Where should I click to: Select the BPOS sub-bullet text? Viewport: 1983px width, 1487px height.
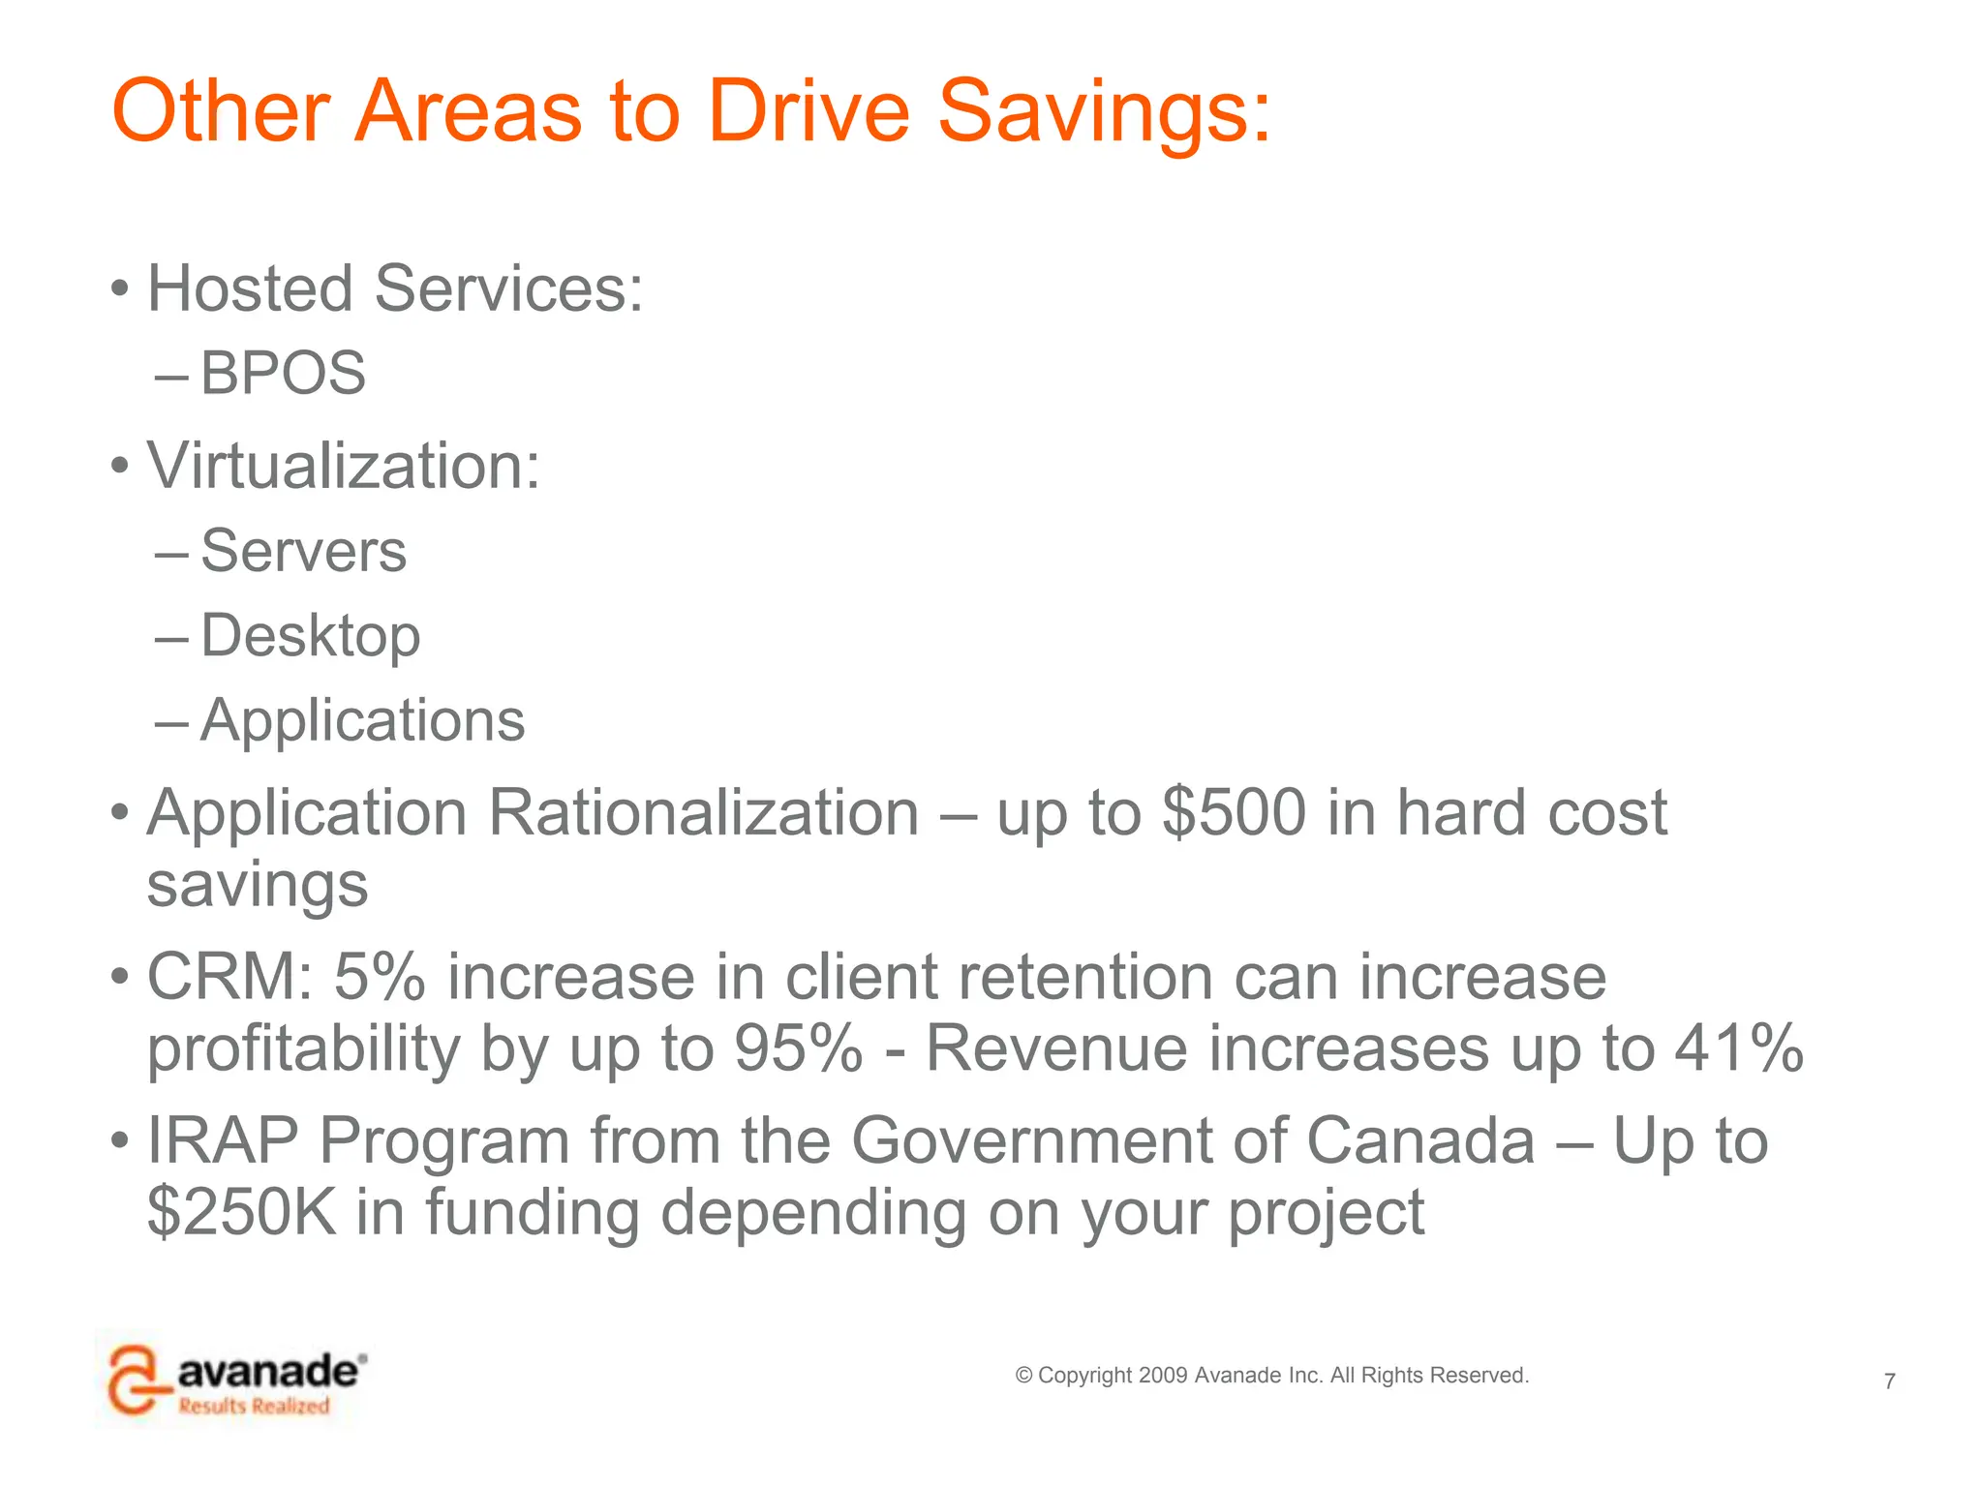[x=283, y=373]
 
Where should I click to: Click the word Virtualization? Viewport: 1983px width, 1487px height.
[x=343, y=466]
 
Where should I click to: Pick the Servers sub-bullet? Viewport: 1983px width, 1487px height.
[x=303, y=551]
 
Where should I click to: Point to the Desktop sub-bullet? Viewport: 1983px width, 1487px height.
[x=310, y=636]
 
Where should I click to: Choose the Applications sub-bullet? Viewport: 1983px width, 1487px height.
[x=362, y=720]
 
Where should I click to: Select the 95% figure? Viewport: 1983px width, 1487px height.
[x=797, y=1047]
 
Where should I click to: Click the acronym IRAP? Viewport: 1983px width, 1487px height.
[x=223, y=1140]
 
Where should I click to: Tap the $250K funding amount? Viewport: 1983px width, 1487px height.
[x=241, y=1212]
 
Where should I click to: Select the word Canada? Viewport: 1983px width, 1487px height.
[x=1419, y=1140]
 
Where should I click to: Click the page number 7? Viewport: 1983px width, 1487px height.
[x=1889, y=1381]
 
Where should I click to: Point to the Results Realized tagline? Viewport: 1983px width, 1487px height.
[x=254, y=1406]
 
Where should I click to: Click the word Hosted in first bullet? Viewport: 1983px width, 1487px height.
[x=250, y=288]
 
